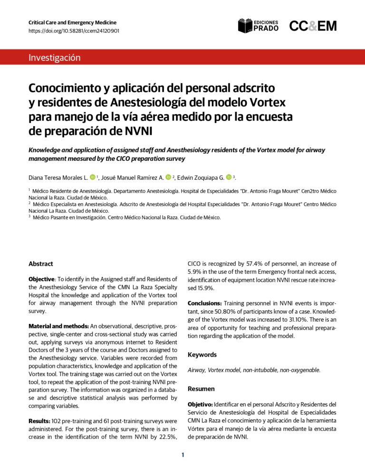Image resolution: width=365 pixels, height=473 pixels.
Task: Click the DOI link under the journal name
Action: click(x=74, y=31)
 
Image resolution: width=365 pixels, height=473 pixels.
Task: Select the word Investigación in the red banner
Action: click(x=54, y=58)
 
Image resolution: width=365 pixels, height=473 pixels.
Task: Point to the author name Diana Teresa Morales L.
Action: click(x=58, y=178)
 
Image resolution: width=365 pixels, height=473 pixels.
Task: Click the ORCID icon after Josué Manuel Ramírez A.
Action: click(x=168, y=177)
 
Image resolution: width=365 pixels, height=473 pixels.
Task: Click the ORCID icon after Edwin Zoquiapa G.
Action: click(x=229, y=177)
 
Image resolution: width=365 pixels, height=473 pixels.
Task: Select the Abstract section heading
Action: click(x=41, y=264)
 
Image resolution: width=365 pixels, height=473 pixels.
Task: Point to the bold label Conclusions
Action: click(x=205, y=303)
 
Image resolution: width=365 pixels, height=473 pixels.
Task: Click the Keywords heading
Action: click(x=202, y=355)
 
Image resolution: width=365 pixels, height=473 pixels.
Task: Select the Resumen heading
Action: click(x=202, y=389)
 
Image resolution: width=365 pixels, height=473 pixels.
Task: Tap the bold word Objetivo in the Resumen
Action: click(x=200, y=404)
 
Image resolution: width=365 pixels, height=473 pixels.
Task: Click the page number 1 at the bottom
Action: click(x=182, y=455)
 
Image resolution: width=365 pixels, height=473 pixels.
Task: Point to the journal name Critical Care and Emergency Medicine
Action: click(x=72, y=22)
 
